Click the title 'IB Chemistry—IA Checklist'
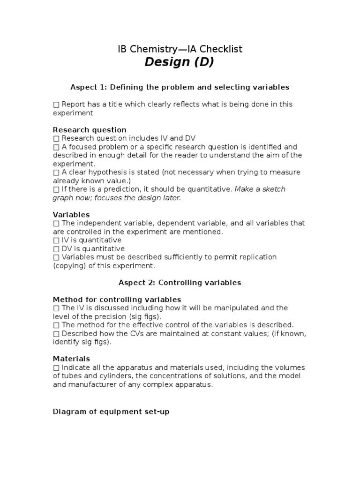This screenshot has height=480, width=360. tap(180, 49)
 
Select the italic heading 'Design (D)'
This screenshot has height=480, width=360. tap(179, 62)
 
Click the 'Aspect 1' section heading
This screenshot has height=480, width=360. tap(180, 87)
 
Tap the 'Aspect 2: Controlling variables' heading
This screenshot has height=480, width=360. tap(180, 283)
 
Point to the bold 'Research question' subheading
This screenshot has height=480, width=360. tap(90, 130)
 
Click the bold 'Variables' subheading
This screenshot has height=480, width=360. tap(71, 215)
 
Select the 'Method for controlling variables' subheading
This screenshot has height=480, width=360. tap(117, 300)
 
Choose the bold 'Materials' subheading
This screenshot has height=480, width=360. tap(71, 359)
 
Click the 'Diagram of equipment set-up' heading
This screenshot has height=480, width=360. tap(111, 412)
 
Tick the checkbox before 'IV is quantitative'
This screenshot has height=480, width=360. tap(56, 240)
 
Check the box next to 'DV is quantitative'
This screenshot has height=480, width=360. tap(56, 249)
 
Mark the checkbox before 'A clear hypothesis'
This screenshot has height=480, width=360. tap(56, 172)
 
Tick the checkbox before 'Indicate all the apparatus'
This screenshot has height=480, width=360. tap(56, 367)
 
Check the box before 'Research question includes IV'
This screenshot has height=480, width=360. tap(56, 139)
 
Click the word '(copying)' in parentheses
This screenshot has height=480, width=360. tap(69, 266)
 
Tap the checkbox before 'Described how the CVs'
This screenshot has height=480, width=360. tap(56, 334)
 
